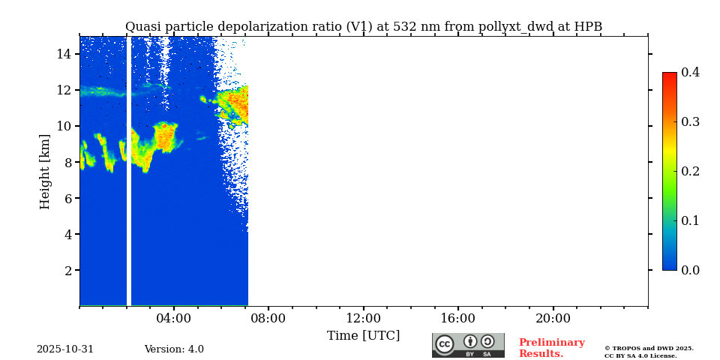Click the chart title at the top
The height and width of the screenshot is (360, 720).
point(364,27)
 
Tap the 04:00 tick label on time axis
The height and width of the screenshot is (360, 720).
point(174,318)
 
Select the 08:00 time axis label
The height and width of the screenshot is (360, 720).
point(268,318)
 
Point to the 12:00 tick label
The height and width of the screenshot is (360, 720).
point(363,318)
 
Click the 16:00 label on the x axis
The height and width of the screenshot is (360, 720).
point(457,318)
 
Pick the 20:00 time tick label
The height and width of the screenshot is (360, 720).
point(553,318)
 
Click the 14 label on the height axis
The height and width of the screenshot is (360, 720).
point(64,54)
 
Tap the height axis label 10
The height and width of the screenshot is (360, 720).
point(64,126)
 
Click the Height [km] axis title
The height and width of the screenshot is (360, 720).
point(45,171)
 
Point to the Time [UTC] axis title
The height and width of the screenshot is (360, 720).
point(364,335)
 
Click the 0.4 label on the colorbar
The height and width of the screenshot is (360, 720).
point(690,72)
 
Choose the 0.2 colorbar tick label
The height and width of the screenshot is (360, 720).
point(690,171)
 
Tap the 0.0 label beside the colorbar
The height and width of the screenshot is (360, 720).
point(690,270)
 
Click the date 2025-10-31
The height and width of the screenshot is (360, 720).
point(65,349)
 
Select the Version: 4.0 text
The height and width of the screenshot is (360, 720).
point(174,349)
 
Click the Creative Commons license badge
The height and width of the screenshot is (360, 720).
point(468,345)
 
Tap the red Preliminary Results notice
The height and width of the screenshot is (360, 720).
point(551,348)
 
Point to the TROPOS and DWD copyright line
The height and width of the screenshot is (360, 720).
point(649,348)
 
